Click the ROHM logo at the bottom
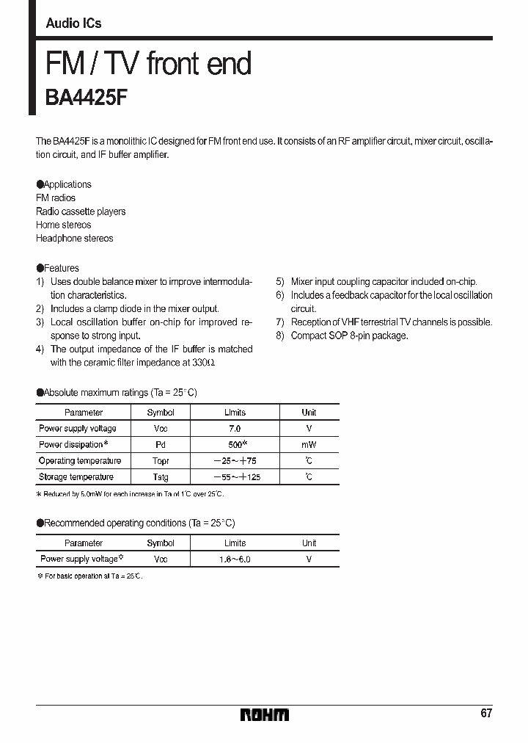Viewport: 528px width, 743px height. point(264,714)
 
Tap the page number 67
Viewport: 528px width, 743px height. point(486,713)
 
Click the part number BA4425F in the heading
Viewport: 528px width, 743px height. point(87,98)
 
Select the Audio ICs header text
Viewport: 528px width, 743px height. point(73,23)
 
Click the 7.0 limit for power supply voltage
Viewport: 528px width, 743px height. point(235,429)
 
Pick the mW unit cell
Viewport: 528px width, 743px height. point(309,445)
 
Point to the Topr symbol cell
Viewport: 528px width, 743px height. point(161,461)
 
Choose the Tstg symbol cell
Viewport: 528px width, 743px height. point(161,477)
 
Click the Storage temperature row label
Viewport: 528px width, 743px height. point(79,477)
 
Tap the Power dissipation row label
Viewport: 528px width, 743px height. point(73,445)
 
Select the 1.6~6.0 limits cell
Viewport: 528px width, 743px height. point(235,559)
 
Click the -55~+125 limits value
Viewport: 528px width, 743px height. point(235,477)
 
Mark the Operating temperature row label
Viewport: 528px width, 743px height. point(79,461)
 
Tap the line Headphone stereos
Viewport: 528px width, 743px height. point(74,239)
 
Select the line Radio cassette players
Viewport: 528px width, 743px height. point(81,211)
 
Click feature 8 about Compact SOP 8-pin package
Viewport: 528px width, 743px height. point(342,336)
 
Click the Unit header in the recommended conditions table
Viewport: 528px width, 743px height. point(309,543)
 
